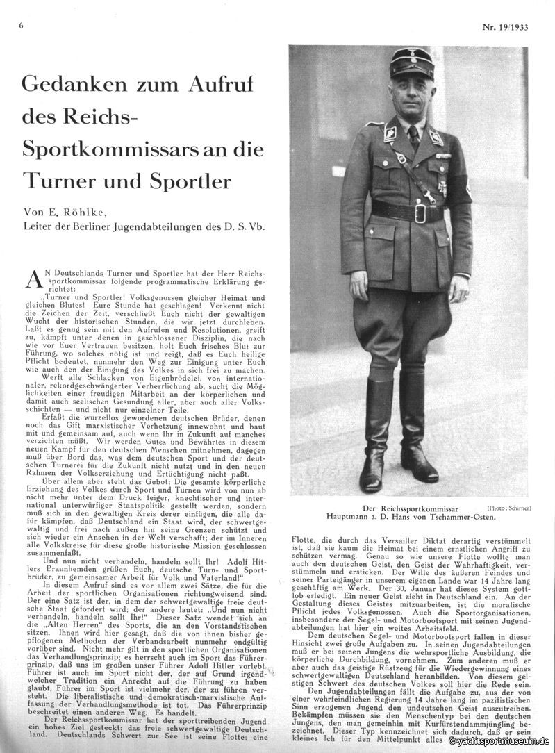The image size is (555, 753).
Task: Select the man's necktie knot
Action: [x=414, y=130]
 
